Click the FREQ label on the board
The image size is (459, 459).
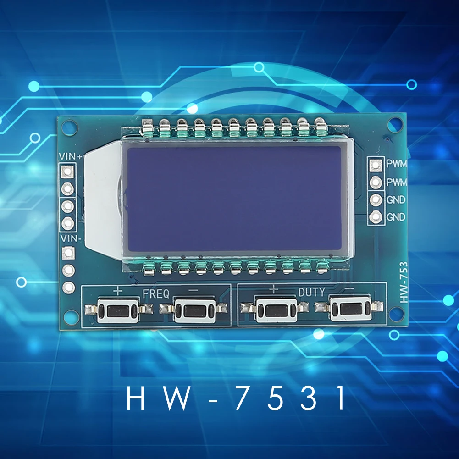point(156,293)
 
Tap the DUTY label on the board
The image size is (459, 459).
point(312,292)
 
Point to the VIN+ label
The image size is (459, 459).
point(71,157)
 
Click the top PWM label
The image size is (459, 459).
point(396,163)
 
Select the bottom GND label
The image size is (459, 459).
point(396,217)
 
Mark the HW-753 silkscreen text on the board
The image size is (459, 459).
point(404,282)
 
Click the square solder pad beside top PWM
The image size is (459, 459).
point(376,164)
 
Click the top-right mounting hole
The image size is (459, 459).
point(395,124)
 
